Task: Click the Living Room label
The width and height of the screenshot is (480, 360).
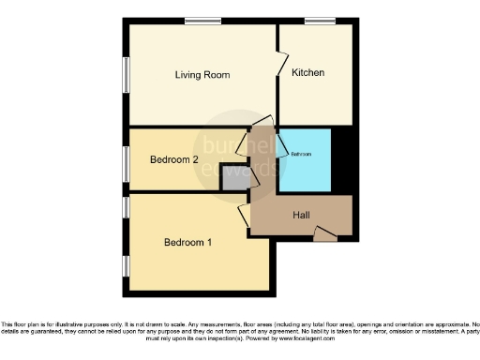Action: click(x=202, y=74)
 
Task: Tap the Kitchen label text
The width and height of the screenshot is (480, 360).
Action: click(x=307, y=73)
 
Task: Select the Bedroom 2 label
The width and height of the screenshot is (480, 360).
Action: click(x=173, y=159)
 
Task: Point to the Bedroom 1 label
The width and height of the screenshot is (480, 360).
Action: click(x=187, y=243)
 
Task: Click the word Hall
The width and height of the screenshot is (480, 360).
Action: click(x=301, y=216)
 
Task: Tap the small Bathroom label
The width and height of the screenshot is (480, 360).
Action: click(x=301, y=154)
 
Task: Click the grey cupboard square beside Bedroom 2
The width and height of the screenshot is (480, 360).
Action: click(x=232, y=179)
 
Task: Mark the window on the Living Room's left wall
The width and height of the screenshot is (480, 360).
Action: click(x=126, y=75)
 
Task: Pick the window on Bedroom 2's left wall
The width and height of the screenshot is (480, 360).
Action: click(x=126, y=160)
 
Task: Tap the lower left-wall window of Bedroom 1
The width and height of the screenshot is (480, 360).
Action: click(x=126, y=264)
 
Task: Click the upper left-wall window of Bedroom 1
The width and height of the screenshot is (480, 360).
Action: click(x=126, y=207)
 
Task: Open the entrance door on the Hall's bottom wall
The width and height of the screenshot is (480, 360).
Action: click(x=324, y=233)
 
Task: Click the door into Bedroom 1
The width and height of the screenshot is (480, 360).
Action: click(x=246, y=215)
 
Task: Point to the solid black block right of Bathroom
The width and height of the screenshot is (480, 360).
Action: click(x=343, y=157)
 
